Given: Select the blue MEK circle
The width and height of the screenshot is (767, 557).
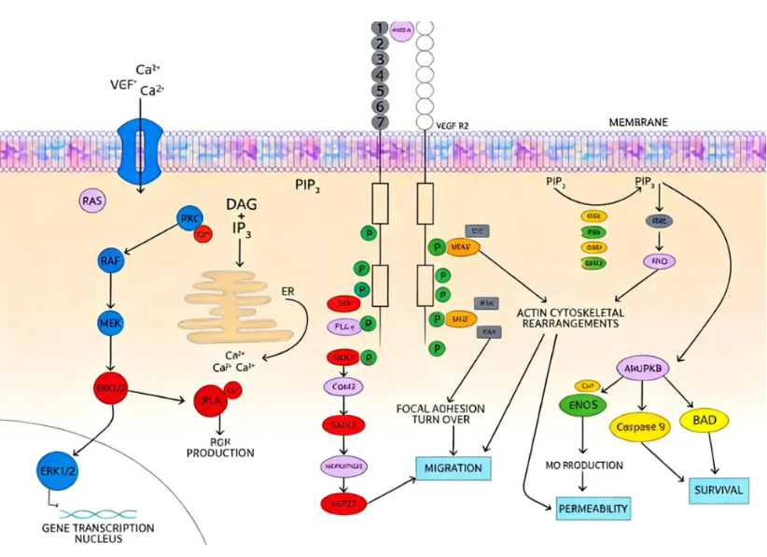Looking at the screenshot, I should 110,322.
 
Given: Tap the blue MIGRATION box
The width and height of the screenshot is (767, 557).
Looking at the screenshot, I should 453,467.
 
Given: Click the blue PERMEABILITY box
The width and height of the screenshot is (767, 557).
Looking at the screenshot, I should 593,508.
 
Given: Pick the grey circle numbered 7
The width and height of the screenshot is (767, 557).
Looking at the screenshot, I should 379,122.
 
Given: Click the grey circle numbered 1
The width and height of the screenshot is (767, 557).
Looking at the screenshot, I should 379,28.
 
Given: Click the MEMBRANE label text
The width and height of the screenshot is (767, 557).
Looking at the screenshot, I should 638,122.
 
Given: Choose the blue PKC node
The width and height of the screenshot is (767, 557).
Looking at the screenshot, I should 191,221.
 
